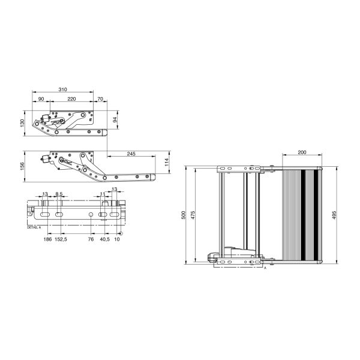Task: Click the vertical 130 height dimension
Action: (x=23, y=122)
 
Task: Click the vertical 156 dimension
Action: (x=23, y=166)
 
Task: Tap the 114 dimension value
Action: (x=166, y=164)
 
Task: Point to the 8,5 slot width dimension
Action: (x=59, y=194)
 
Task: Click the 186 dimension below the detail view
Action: (x=47, y=238)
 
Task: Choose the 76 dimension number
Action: (x=91, y=238)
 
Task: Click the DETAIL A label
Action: (x=34, y=228)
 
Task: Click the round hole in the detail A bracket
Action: (x=91, y=214)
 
